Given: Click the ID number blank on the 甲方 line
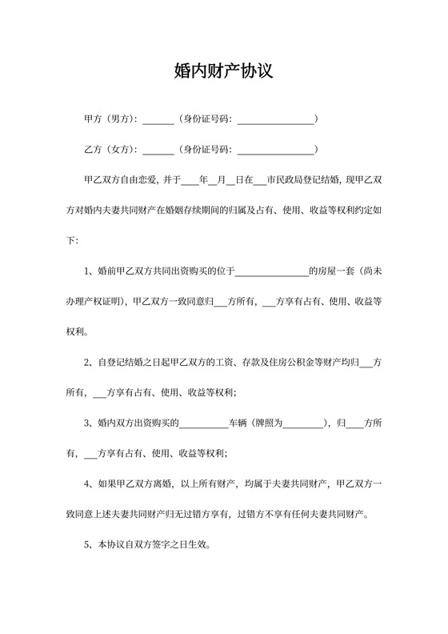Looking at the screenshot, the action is tap(275, 121).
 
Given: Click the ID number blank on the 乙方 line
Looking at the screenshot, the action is tap(275, 151).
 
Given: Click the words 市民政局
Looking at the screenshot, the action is tap(285, 180).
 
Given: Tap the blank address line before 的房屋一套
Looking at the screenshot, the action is tap(272, 272).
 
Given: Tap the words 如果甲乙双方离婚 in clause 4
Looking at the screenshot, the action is tap(135, 484).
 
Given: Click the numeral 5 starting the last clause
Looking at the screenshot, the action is tap(87, 545).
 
